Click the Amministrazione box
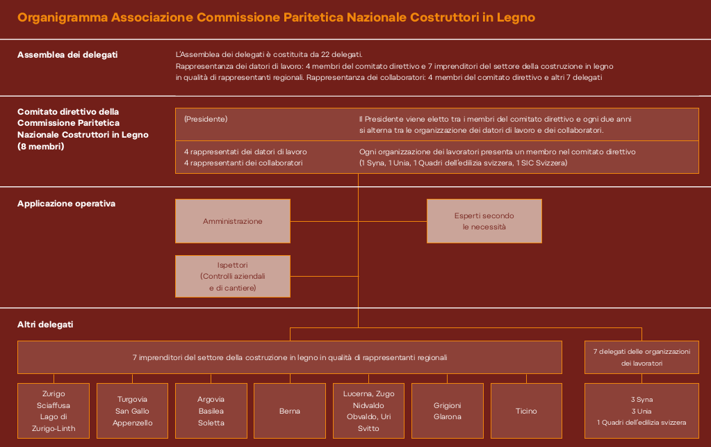click(x=233, y=221)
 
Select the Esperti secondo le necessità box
click(x=484, y=221)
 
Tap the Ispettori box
click(x=233, y=276)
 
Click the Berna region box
click(x=290, y=411)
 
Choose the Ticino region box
click(x=526, y=411)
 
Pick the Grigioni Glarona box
click(x=448, y=411)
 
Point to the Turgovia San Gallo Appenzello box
click(x=132, y=411)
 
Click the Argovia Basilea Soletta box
click(x=211, y=411)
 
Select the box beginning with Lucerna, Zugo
click(x=368, y=411)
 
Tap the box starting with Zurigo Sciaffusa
click(x=54, y=411)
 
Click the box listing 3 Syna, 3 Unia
click(x=641, y=411)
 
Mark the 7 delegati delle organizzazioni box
click(x=641, y=357)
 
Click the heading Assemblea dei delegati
click(x=67, y=54)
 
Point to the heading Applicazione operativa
click(x=66, y=204)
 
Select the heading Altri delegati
click(x=45, y=325)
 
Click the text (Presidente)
click(x=206, y=119)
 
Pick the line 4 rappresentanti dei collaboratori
click(x=243, y=163)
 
